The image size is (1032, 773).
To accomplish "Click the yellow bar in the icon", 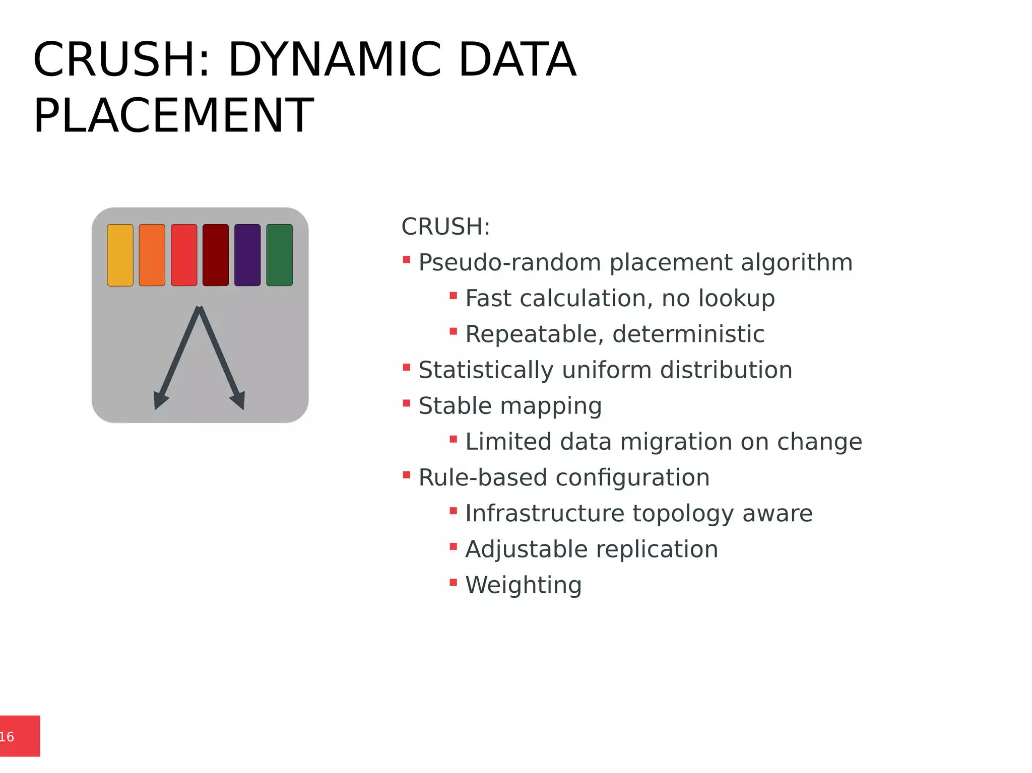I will point(120,255).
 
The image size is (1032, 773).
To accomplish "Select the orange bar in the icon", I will point(152,255).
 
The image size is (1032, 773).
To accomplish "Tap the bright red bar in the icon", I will point(184,255).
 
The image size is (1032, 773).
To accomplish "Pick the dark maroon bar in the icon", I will point(216,255).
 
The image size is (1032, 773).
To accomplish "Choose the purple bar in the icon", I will point(247,255).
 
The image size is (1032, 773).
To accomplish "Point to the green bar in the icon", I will point(279,255).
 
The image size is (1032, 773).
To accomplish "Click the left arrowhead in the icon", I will point(160,401).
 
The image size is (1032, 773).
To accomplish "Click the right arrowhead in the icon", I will point(239,400).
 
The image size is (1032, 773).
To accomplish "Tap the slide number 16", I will point(7,737).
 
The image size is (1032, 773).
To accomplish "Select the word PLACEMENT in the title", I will point(173,116).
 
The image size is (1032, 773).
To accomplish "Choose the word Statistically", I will point(486,370).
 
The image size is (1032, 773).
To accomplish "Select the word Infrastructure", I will point(545,513).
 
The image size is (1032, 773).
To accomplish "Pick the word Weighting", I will point(523,585).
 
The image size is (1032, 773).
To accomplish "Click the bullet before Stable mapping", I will point(407,403).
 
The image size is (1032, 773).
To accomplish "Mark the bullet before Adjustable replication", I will point(453,546).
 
